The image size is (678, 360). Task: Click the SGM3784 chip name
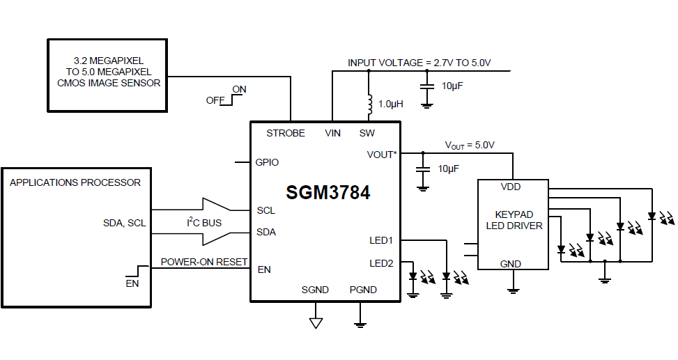click(x=328, y=193)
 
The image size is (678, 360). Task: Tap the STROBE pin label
click(x=286, y=133)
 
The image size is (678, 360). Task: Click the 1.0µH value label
click(x=391, y=104)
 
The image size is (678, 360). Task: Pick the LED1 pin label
click(x=381, y=240)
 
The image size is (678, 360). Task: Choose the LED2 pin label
click(x=381, y=263)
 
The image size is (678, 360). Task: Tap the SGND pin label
click(x=315, y=290)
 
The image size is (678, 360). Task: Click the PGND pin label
click(x=363, y=290)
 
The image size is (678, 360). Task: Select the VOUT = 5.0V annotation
click(x=470, y=146)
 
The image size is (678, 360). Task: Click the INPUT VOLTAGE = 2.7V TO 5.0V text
click(x=419, y=63)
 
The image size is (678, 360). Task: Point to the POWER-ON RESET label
click(x=204, y=262)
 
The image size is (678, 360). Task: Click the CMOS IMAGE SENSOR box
click(x=108, y=75)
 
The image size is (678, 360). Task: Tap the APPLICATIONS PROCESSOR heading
click(x=75, y=182)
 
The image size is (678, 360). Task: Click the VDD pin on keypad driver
click(x=510, y=187)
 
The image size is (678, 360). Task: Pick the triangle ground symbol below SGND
click(x=316, y=322)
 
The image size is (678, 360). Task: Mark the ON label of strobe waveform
click(x=239, y=89)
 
